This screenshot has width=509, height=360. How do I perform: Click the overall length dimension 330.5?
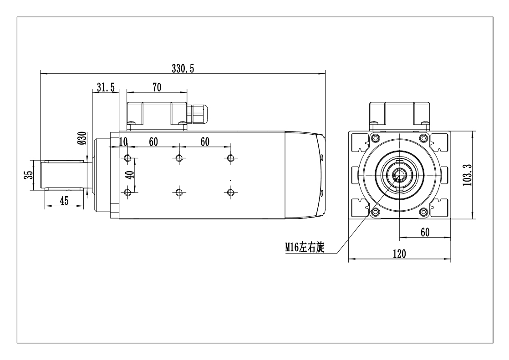point(183,68)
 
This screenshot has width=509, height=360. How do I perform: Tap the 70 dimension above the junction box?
point(157,87)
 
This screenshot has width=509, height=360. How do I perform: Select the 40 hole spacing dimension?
point(131,175)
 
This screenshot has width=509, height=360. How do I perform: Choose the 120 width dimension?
point(399,254)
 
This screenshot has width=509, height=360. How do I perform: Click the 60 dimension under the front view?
point(424,232)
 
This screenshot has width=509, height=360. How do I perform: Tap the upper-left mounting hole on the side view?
point(127,158)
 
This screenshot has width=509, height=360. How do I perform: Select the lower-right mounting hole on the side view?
point(231,192)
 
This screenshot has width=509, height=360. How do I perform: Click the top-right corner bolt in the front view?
point(424,138)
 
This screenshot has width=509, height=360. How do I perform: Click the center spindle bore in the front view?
point(399,174)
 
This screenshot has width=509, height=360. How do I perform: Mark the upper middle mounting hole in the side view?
point(179,158)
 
